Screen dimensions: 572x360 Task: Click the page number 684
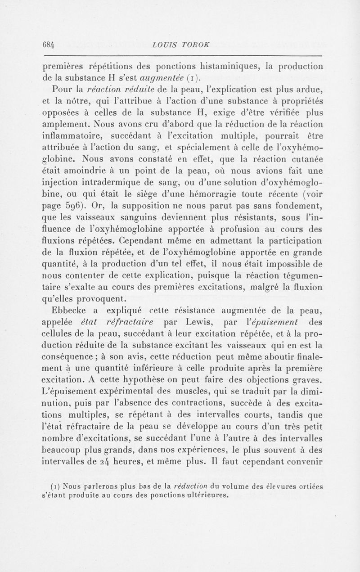tap(49, 45)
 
